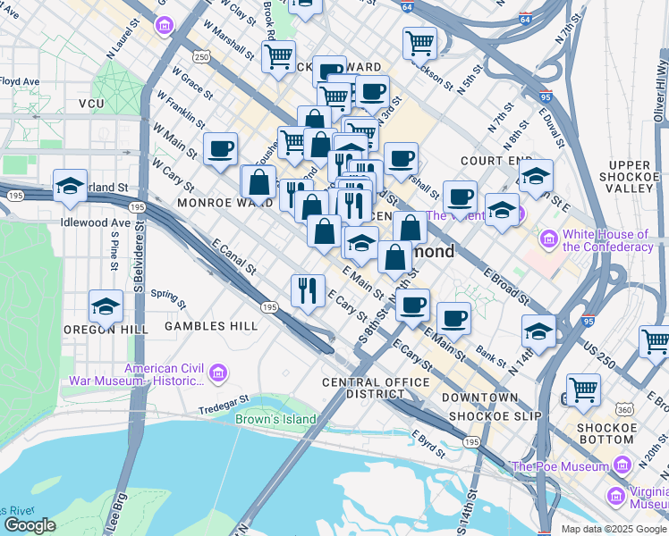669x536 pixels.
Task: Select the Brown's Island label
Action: [275, 419]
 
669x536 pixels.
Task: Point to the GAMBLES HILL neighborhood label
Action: [211, 327]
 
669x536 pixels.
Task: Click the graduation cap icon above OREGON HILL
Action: [106, 306]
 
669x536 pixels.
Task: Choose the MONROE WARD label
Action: [199, 203]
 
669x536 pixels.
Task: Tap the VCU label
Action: [91, 105]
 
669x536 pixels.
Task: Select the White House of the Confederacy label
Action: [606, 240]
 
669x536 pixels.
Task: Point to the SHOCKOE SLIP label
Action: [484, 415]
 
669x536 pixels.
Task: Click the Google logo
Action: [29, 525]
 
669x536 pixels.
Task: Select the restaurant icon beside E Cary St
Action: [308, 291]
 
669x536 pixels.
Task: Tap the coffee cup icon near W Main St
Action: [220, 150]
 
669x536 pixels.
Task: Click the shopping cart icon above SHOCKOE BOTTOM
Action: [583, 389]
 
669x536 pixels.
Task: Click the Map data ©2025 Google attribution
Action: [612, 529]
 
